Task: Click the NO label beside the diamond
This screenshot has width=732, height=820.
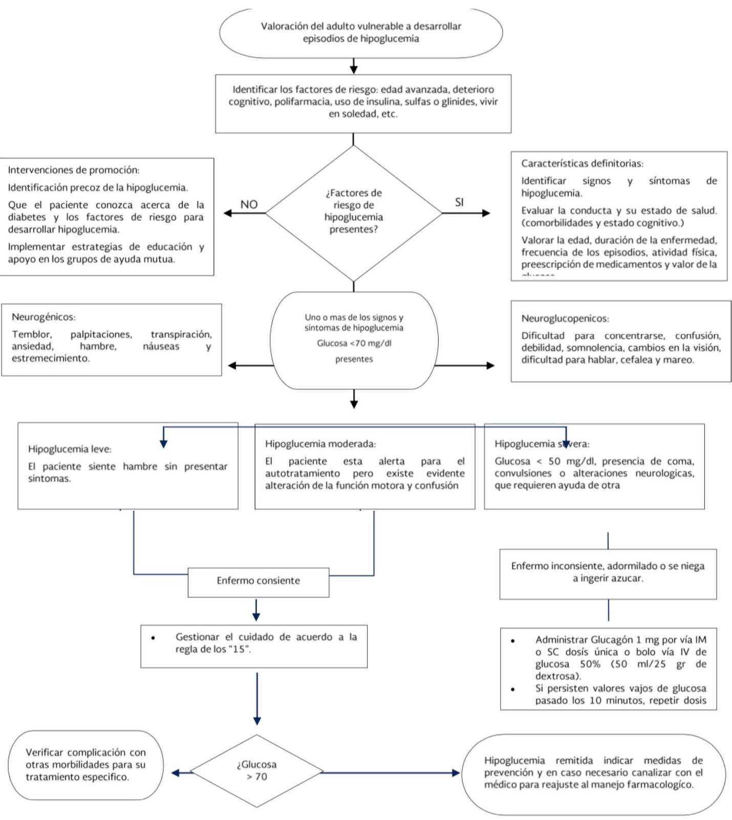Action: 249,205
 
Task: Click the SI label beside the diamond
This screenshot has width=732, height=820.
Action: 459,202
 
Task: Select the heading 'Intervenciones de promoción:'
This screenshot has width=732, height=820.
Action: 74,170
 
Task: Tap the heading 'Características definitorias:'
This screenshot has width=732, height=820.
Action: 582,163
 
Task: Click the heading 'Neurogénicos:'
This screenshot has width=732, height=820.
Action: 44,317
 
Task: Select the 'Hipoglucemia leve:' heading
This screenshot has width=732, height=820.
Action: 70,449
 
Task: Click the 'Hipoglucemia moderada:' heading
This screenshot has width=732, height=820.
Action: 320,444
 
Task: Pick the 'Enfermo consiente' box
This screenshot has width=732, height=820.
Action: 258,581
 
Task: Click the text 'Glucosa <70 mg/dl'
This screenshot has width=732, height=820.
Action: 354,343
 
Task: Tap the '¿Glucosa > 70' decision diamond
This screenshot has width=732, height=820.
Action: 256,771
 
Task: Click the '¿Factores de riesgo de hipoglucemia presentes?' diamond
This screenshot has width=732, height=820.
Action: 353,211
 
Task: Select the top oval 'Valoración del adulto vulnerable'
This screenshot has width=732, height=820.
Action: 361,32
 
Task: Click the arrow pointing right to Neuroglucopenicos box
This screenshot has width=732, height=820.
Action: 466,365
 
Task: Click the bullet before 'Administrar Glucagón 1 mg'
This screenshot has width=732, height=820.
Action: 512,640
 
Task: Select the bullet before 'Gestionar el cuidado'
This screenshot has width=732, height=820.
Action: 153,637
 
